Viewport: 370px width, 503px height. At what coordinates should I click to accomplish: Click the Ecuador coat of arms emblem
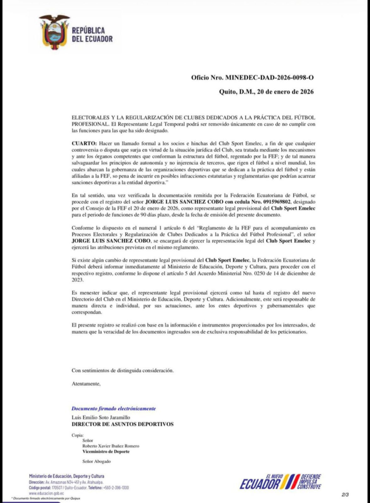click(x=54, y=32)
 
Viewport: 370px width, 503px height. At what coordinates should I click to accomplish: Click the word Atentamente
click(x=86, y=383)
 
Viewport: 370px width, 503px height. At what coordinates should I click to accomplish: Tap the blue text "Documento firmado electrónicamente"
click(x=114, y=408)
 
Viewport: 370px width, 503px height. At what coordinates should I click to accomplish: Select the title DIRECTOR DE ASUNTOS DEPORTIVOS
click(x=122, y=424)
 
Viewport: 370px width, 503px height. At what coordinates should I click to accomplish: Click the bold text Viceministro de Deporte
click(x=106, y=451)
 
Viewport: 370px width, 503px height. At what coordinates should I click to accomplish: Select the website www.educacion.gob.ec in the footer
click(x=47, y=493)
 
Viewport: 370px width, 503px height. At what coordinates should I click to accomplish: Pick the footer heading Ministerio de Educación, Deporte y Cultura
click(x=66, y=476)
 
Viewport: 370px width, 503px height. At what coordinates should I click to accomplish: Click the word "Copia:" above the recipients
click(x=78, y=435)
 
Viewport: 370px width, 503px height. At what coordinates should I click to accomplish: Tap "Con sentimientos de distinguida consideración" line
click(x=122, y=370)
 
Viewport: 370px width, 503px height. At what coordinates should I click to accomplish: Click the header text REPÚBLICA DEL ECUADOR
click(x=92, y=34)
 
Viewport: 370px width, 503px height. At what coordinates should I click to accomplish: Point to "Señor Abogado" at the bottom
click(x=96, y=461)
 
